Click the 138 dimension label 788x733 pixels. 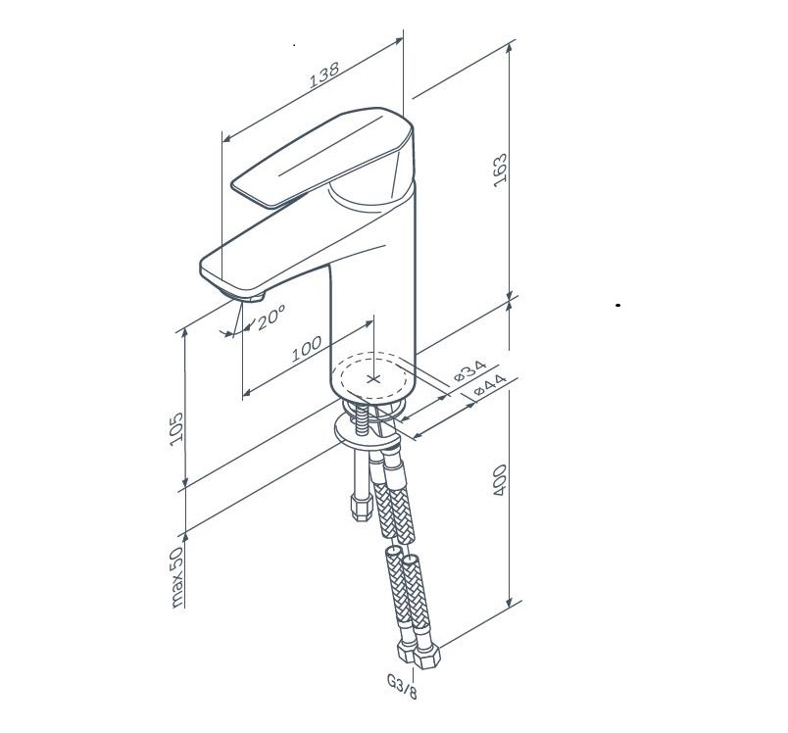pyautogui.click(x=323, y=74)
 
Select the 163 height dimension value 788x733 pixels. pyautogui.click(x=500, y=171)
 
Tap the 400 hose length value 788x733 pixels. pyautogui.click(x=500, y=480)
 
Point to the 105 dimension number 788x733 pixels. pyautogui.click(x=176, y=429)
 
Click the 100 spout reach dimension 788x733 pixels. pyautogui.click(x=307, y=349)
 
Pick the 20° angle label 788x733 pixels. pyautogui.click(x=271, y=318)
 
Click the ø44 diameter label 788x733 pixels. pyautogui.click(x=489, y=385)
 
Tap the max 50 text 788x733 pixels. pyautogui.click(x=176, y=577)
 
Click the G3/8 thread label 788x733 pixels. pyautogui.click(x=402, y=687)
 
